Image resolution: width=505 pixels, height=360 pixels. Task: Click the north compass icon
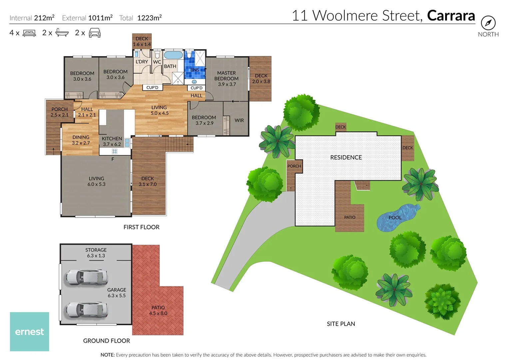[488, 23]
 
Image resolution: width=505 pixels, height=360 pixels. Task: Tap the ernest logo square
[29, 331]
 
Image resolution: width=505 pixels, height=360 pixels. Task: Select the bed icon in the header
[29, 33]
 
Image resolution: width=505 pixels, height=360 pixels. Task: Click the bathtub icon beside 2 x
[62, 33]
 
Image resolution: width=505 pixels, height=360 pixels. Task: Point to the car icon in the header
[95, 33]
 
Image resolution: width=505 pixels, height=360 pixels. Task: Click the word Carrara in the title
[451, 16]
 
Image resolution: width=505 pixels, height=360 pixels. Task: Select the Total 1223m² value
[149, 18]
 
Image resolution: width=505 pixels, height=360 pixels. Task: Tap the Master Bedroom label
[226, 78]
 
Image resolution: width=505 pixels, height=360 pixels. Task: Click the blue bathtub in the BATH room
[173, 55]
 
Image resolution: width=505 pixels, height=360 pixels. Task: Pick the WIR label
[239, 120]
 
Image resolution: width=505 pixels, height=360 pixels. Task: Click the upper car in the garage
[87, 277]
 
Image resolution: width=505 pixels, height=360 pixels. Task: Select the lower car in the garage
[87, 310]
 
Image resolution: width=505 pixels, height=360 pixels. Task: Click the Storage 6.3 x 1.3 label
[96, 253]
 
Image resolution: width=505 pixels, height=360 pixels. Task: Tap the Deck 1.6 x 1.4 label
[142, 41]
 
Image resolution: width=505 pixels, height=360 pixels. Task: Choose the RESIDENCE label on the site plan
[346, 157]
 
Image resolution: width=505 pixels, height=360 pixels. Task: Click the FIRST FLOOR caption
[141, 227]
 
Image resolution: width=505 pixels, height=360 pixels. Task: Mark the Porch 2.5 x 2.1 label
[59, 112]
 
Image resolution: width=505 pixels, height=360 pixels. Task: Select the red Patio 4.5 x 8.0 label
[158, 310]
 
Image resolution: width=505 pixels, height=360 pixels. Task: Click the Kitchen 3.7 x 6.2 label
[112, 141]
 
